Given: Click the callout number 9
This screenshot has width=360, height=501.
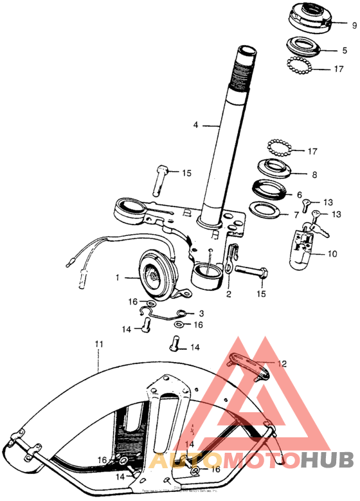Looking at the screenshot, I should click(x=353, y=26).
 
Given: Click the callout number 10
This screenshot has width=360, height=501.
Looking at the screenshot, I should click(x=332, y=254).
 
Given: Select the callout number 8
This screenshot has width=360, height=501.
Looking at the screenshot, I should click(x=314, y=174).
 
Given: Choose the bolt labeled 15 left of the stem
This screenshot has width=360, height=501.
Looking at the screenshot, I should click(x=159, y=181).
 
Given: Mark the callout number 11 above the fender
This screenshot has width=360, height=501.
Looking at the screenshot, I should click(x=98, y=345).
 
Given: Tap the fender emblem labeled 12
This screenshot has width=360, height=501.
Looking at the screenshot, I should click(x=246, y=365).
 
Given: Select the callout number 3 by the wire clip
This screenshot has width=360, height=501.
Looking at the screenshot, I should click(x=201, y=312).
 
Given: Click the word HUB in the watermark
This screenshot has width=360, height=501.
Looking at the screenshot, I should click(x=328, y=460).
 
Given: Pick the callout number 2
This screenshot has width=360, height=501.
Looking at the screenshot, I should click(x=228, y=295).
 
